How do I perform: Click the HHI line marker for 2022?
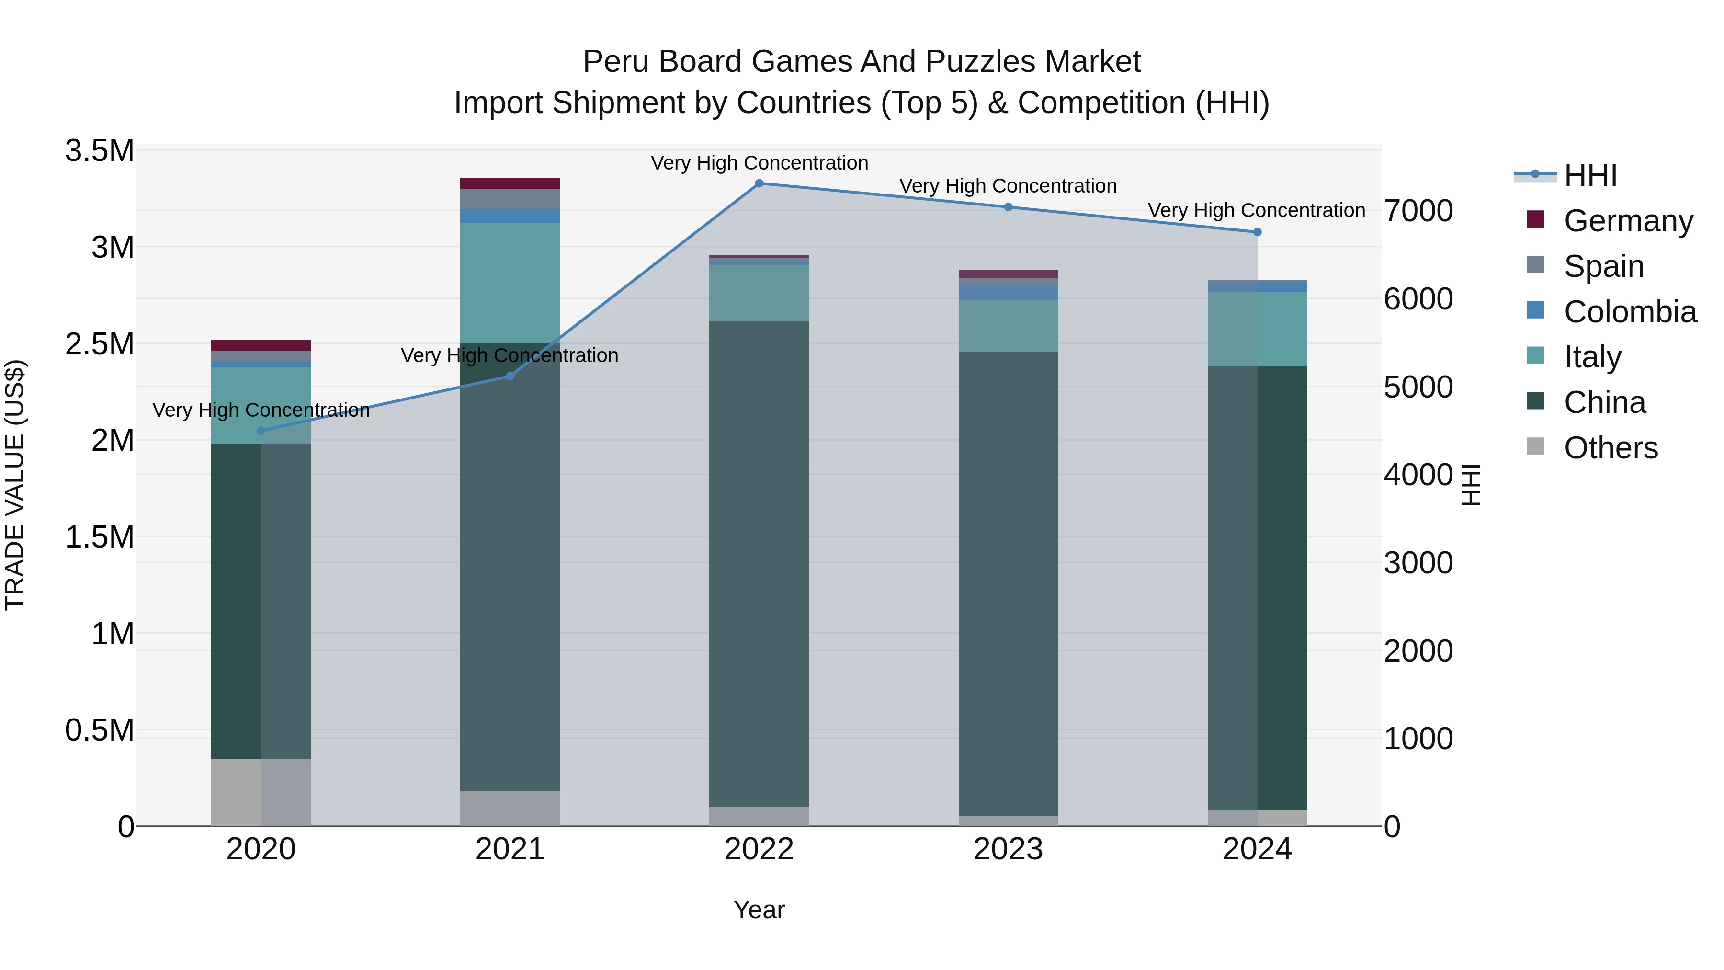coord(759,183)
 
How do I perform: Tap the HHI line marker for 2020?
coord(261,431)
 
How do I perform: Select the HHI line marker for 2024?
coord(1257,232)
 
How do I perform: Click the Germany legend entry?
coord(1628,221)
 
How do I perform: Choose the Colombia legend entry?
coord(1630,312)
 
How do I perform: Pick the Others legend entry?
coord(1610,448)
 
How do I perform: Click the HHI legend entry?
coord(1590,175)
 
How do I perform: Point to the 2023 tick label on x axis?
coord(1008,849)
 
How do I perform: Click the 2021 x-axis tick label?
coord(510,849)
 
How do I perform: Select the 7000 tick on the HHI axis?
coord(1418,211)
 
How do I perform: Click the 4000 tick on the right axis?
coord(1418,475)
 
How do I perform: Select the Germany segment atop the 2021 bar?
coord(510,183)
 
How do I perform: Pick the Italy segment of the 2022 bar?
coord(759,293)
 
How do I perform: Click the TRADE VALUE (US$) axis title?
coord(15,485)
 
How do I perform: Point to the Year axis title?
coord(759,910)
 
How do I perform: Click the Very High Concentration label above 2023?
coord(1008,186)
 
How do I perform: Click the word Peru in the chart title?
coord(615,62)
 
